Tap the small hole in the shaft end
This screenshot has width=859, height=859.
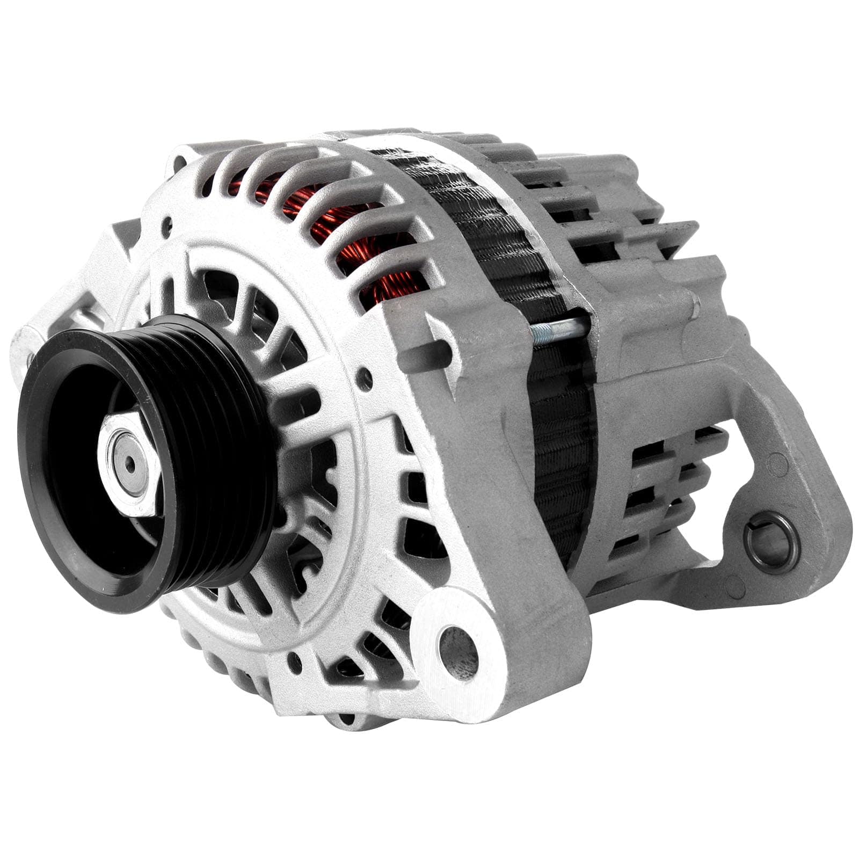(130, 464)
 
